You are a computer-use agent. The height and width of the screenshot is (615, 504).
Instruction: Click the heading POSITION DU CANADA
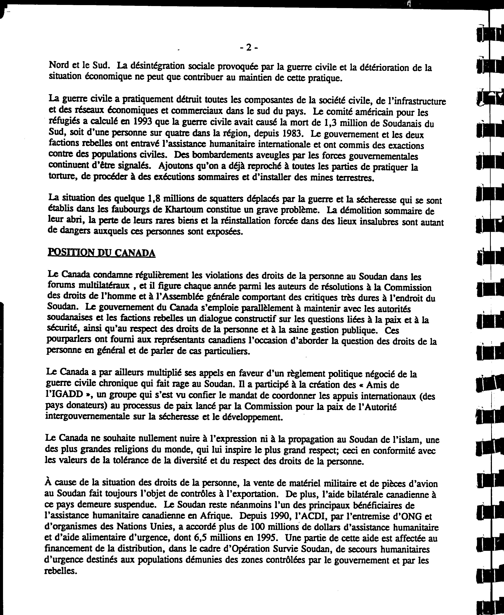point(101,253)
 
